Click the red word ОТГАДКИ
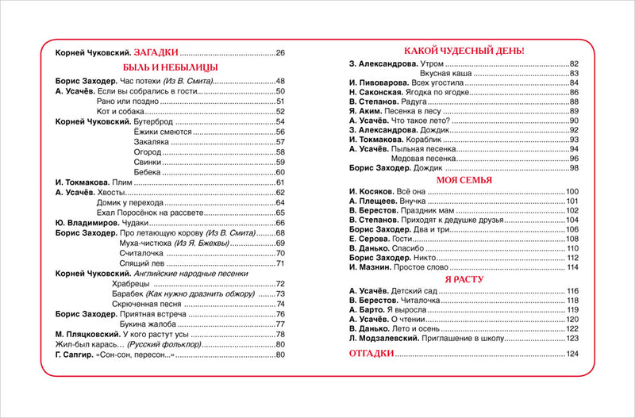click(372, 353)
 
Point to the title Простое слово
click(418, 267)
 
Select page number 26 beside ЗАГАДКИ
click(279, 52)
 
